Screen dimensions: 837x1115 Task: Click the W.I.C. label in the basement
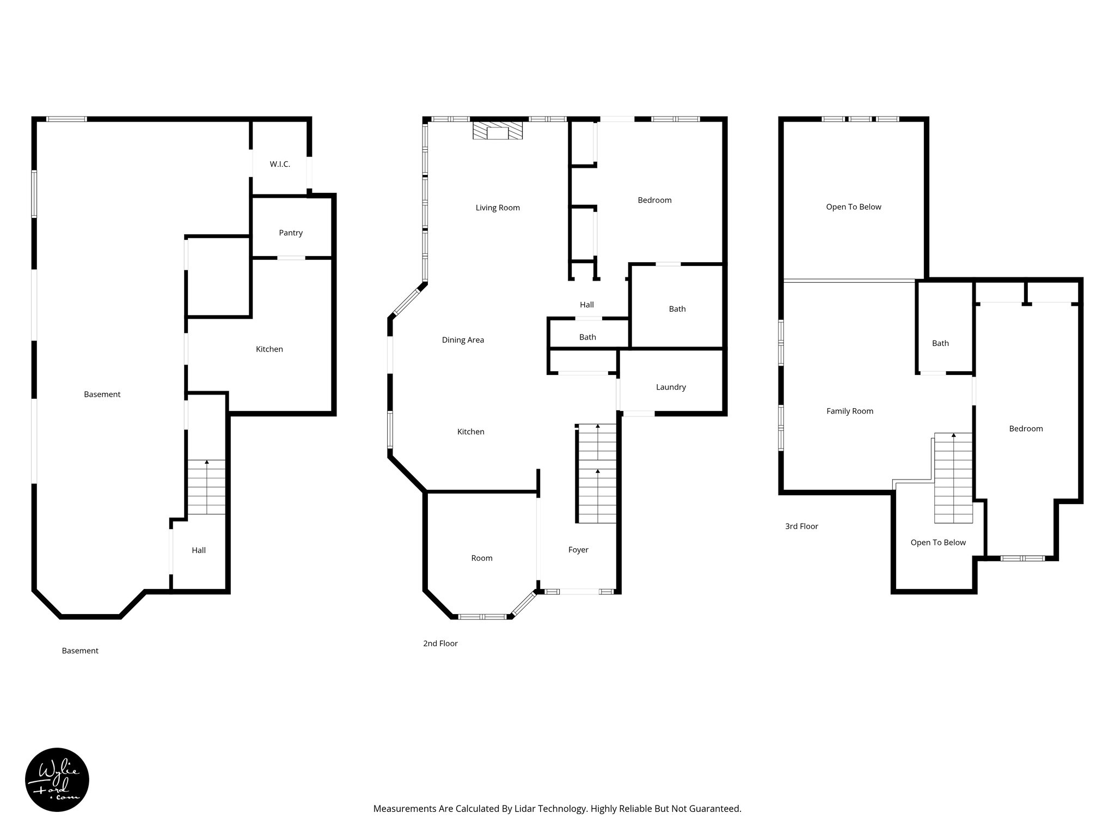tap(280, 164)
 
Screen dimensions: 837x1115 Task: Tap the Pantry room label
tap(291, 233)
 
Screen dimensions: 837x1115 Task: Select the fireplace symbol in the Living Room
tap(497, 131)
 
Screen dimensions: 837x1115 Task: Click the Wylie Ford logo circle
tap(57, 780)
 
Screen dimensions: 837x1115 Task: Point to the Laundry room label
tap(671, 387)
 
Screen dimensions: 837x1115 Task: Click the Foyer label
tap(578, 550)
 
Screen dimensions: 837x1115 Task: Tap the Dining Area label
tap(463, 340)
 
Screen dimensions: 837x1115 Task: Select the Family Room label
tap(849, 411)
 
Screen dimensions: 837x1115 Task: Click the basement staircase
tap(206, 487)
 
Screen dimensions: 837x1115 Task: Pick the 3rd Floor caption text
tap(801, 526)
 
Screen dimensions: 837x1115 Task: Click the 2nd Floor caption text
tap(440, 644)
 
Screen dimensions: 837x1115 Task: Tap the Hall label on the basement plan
tap(199, 550)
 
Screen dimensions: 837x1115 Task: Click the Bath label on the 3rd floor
tap(940, 343)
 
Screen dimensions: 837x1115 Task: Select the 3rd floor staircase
tap(953, 477)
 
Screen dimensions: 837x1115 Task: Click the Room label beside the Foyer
tap(482, 558)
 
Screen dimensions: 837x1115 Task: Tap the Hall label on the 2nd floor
tap(586, 305)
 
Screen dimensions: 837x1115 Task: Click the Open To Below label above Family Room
tap(853, 207)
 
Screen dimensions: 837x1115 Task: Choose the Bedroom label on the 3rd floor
tap(1026, 429)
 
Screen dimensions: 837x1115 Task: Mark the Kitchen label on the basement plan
tap(269, 349)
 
